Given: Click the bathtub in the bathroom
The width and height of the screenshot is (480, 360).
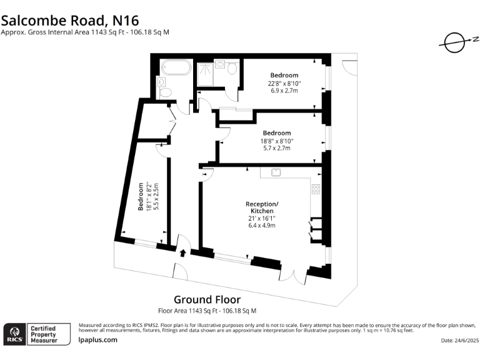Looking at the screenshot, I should pyautogui.click(x=175, y=67).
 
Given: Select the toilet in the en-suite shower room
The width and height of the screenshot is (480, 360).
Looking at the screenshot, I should pyautogui.click(x=232, y=67).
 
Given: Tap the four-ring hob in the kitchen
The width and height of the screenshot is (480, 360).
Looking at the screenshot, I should pyautogui.click(x=316, y=189).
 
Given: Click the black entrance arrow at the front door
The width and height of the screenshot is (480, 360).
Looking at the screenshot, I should pyautogui.click(x=182, y=253).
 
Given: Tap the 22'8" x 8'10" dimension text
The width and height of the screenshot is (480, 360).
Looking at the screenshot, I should pyautogui.click(x=284, y=83).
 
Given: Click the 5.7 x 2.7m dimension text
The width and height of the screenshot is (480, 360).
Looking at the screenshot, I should pyautogui.click(x=276, y=148).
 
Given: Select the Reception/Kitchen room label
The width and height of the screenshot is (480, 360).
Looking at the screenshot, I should pyautogui.click(x=262, y=208).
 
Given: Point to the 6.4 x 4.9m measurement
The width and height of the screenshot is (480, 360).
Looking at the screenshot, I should pyautogui.click(x=262, y=224).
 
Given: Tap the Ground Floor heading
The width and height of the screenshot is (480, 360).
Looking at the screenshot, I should pyautogui.click(x=207, y=300).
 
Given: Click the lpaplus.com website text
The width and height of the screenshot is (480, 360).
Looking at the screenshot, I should pyautogui.click(x=98, y=339).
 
